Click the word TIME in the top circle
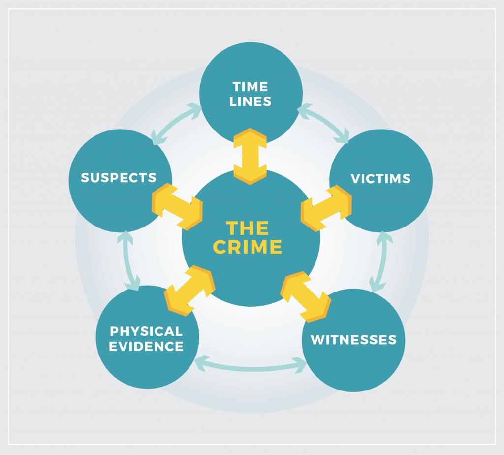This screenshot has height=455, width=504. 251,87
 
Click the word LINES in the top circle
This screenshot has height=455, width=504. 251,102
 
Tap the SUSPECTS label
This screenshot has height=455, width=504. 119,178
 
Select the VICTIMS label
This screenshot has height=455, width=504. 380,178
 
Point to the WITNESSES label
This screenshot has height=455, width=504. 353,340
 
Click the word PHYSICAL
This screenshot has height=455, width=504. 146,331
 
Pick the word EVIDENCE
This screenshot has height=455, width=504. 146,346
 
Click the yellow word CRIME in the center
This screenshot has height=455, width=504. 248,246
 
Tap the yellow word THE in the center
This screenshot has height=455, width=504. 248,228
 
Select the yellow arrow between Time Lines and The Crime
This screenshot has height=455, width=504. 250,156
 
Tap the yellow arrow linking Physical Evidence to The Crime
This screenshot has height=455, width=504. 190,291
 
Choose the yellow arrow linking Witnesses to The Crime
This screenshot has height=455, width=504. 305,294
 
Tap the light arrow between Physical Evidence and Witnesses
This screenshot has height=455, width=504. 251,366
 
